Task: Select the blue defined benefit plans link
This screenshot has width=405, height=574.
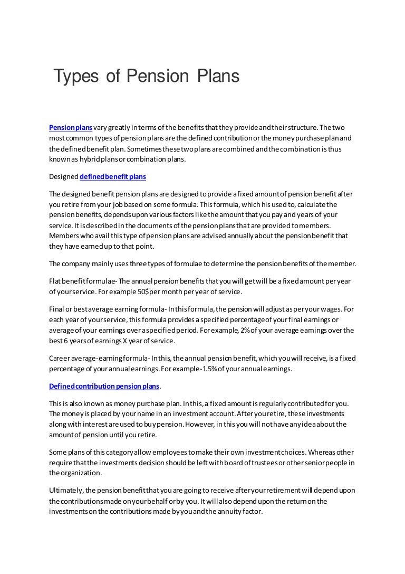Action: pyautogui.click(x=110, y=177)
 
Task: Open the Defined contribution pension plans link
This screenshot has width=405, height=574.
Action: pyautogui.click(x=103, y=386)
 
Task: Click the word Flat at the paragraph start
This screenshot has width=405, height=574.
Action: pyautogui.click(x=55, y=281)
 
